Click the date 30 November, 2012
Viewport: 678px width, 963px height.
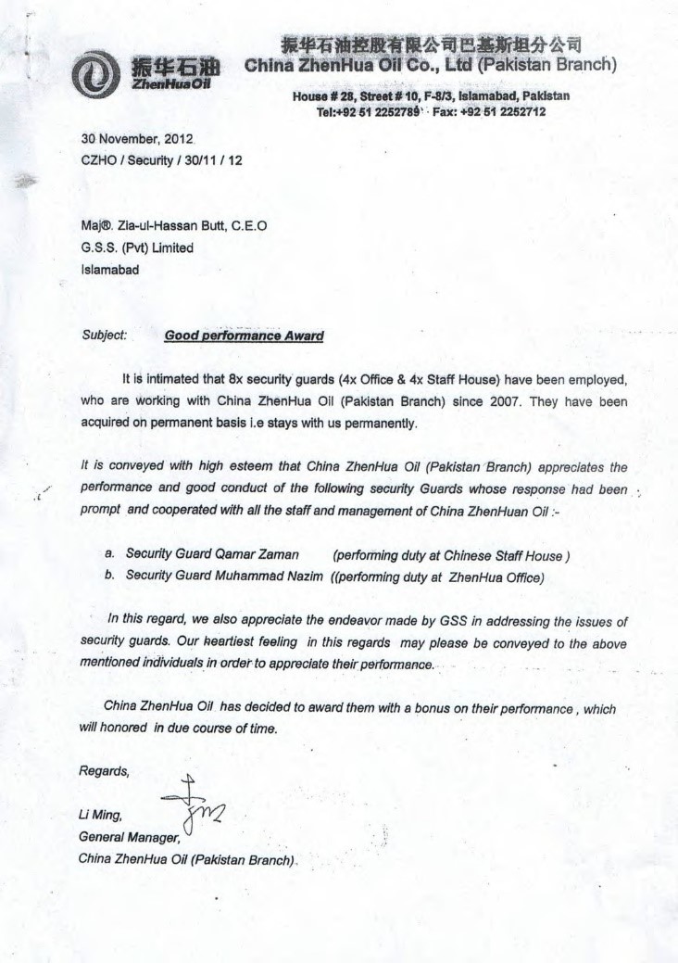click(x=137, y=139)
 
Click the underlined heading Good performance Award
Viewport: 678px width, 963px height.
click(x=244, y=336)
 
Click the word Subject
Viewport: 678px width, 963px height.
click(x=104, y=336)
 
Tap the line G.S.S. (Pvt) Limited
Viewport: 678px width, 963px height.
click(x=137, y=247)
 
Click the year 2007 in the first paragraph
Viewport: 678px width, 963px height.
click(x=544, y=402)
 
